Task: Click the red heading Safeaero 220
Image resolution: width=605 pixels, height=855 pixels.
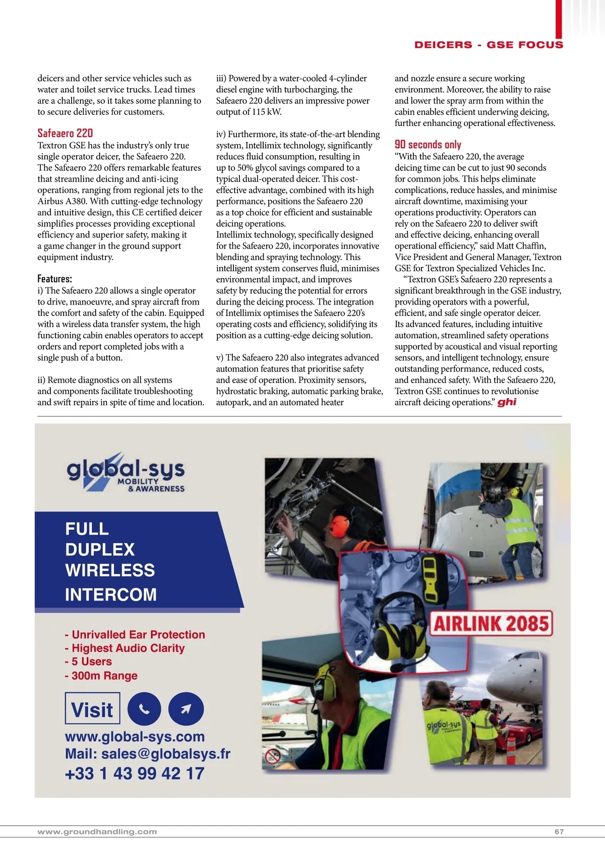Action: click(x=65, y=133)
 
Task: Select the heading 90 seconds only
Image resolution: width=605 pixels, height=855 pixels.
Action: click(x=428, y=145)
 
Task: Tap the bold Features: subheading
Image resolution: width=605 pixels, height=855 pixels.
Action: click(x=54, y=279)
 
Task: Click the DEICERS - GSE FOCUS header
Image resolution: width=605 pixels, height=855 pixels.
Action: click(x=489, y=45)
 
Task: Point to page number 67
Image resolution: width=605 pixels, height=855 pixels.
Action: click(x=559, y=831)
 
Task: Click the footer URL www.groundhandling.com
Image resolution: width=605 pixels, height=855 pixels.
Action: click(x=97, y=831)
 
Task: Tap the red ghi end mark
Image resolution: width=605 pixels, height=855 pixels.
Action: click(x=507, y=402)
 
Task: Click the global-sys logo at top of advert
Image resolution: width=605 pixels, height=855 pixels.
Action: click(x=126, y=472)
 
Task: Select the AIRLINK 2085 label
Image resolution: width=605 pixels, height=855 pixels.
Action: click(x=491, y=624)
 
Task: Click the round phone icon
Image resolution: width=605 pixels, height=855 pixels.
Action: click(x=144, y=709)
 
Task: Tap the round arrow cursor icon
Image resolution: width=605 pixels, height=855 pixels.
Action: click(x=186, y=709)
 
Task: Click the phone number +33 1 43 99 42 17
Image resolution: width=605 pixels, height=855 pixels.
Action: click(x=135, y=773)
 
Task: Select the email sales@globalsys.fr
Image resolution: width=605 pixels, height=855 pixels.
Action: click(x=165, y=754)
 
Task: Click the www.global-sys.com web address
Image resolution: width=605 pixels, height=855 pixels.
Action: click(x=135, y=737)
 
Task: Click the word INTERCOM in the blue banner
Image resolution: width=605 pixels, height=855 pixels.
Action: click(x=111, y=594)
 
